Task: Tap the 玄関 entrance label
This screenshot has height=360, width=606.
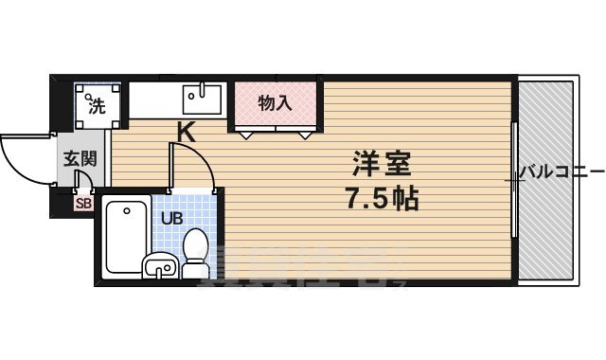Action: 80,158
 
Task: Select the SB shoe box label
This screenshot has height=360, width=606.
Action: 82,202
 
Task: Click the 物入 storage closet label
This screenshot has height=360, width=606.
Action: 275,102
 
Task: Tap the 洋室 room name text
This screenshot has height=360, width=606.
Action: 383,164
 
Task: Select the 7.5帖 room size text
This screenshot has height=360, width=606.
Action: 383,200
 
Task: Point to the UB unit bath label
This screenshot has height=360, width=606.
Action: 171,218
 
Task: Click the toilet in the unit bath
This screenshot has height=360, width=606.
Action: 195,251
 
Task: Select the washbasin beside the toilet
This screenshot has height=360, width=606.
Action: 159,267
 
